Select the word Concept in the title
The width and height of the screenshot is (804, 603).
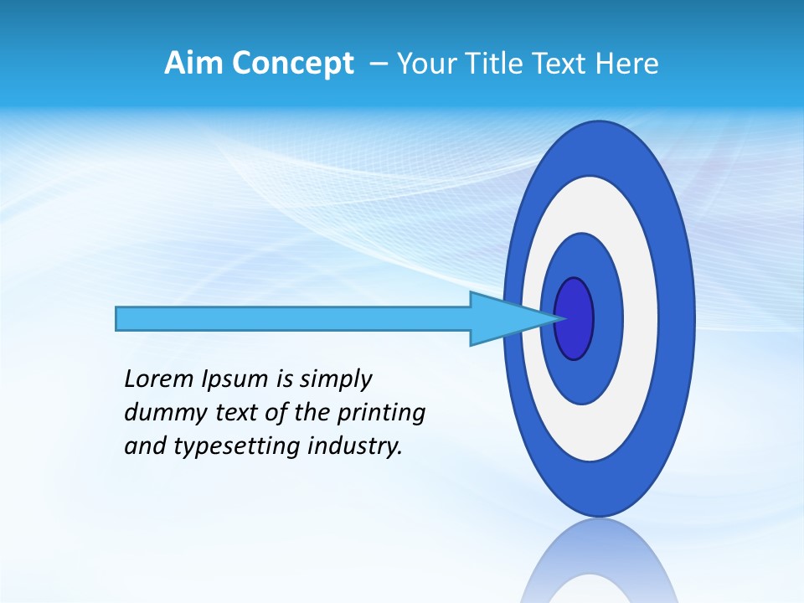pos(292,64)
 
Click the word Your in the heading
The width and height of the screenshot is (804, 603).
pos(425,63)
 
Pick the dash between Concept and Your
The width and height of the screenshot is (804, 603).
pos(378,64)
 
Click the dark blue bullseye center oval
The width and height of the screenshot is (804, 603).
pos(575,319)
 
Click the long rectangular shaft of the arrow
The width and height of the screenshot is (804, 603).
pos(293,319)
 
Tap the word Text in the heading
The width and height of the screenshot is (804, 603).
pos(562,63)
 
